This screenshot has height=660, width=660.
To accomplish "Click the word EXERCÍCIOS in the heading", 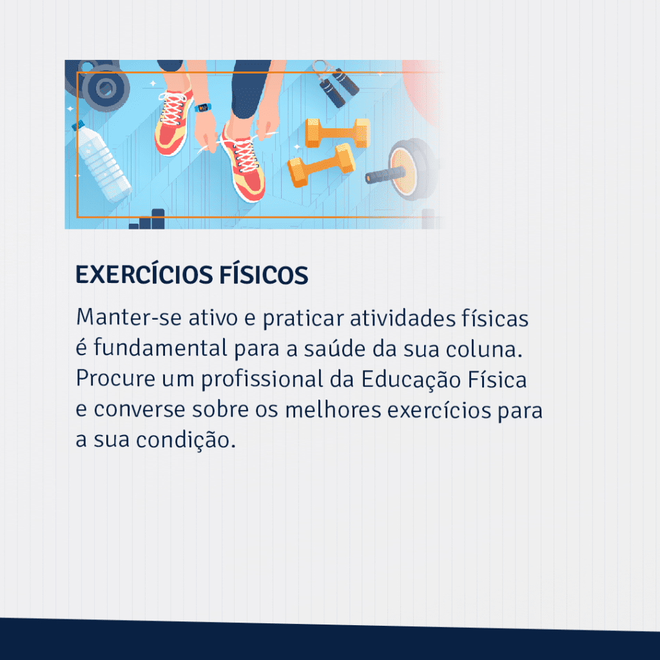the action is click(x=144, y=275).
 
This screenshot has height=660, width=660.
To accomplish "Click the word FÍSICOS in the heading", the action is click(x=264, y=275).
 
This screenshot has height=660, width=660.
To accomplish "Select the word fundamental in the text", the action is click(x=160, y=348).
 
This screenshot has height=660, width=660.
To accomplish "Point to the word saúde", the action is click(x=335, y=349).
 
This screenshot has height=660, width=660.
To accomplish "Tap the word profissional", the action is click(x=262, y=380).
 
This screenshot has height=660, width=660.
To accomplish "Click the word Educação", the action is click(x=411, y=380).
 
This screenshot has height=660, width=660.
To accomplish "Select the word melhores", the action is click(x=333, y=409).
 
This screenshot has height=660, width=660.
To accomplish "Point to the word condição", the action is click(x=186, y=440).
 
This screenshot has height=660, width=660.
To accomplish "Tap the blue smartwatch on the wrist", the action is click(x=202, y=108).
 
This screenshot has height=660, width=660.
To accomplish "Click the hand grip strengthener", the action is click(x=336, y=84).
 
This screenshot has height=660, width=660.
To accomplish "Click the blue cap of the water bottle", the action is click(x=78, y=125).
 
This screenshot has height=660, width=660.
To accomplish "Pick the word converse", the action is click(x=139, y=410).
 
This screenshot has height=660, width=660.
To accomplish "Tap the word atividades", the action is click(x=403, y=318).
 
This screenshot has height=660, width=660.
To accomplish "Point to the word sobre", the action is click(x=220, y=409).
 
